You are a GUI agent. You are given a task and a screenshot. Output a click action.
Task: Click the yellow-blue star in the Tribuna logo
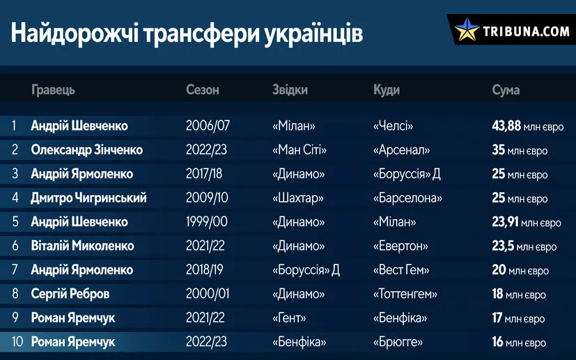[x=467, y=29]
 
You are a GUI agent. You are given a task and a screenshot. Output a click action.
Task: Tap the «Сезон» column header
[x=203, y=90]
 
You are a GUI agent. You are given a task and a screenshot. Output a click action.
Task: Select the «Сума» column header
[x=506, y=90]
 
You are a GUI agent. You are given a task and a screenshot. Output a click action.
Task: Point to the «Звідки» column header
[x=290, y=90]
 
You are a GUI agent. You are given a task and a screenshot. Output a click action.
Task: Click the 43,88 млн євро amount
[x=527, y=126]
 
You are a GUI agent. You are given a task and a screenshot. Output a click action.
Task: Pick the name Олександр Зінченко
[x=86, y=150]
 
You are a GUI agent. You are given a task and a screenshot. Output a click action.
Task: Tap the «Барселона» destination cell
[x=407, y=198]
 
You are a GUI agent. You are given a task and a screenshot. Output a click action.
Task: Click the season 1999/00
[x=206, y=222]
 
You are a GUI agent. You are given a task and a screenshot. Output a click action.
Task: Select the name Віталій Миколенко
[x=82, y=246]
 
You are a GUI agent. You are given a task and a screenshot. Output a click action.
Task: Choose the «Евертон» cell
[x=400, y=246]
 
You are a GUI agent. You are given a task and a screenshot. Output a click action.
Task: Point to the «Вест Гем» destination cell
[x=401, y=270]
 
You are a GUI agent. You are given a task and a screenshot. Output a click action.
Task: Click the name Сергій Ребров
[x=70, y=294]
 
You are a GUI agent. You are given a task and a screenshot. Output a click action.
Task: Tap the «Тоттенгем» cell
[x=405, y=294]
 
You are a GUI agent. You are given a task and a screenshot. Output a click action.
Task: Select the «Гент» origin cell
[x=289, y=318]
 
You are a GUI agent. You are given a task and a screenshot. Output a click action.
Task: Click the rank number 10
[x=17, y=342]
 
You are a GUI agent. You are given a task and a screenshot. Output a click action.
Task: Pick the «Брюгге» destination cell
[x=398, y=342]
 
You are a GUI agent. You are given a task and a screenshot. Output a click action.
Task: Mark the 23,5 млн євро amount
[x=524, y=246]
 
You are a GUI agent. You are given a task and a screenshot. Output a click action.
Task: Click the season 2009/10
[x=207, y=198]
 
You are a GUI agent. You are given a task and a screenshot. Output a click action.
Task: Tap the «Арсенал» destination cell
[x=401, y=150]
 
